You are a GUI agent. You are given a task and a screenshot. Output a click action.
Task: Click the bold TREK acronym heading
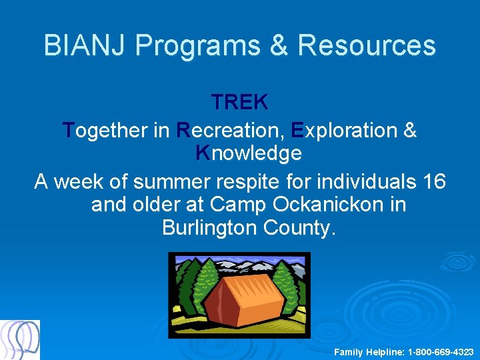[240, 102]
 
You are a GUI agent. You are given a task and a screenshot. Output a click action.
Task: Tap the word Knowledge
[249, 153]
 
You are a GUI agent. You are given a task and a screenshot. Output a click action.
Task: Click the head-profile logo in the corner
[20, 340]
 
